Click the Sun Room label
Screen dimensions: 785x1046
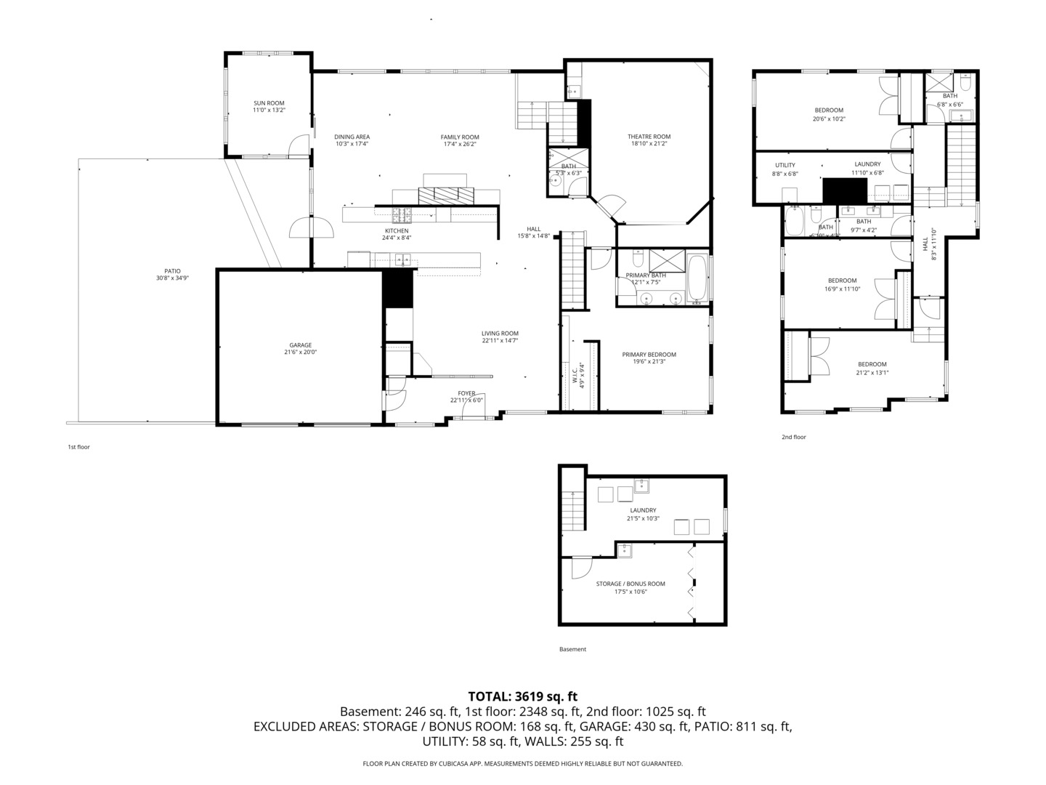[x=269, y=102]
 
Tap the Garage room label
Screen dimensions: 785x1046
[x=300, y=345]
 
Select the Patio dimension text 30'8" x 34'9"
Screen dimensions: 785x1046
[x=172, y=278]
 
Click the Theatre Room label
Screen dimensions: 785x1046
[x=649, y=137]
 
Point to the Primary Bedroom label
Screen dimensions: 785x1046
[x=649, y=355]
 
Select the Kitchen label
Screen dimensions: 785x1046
[x=397, y=230]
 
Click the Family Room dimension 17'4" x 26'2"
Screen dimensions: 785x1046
[x=460, y=144]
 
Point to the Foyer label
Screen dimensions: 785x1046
[x=466, y=393]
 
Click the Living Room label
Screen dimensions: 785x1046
[x=500, y=334]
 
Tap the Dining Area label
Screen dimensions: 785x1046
[x=352, y=137]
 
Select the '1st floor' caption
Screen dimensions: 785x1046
[x=78, y=447]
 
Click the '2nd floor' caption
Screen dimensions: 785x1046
[x=793, y=437]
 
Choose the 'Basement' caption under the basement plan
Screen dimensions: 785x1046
[x=572, y=649]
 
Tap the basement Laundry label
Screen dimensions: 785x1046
[x=643, y=510]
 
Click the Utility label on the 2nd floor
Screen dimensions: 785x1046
[x=784, y=165]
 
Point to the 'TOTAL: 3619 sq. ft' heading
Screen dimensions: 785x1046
[x=522, y=696]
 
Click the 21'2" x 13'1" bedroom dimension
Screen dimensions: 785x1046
[x=872, y=373]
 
